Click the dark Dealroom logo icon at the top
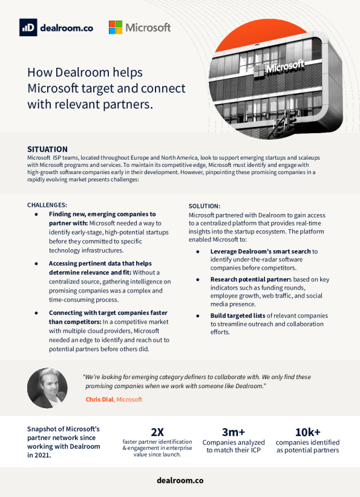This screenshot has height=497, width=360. click(x=28, y=27)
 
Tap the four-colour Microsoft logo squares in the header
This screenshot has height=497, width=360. click(x=116, y=28)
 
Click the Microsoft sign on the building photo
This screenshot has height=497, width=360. click(x=280, y=68)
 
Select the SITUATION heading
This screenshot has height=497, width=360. click(x=47, y=149)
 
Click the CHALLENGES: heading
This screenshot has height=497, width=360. click(x=47, y=205)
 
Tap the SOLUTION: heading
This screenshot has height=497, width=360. click(x=205, y=206)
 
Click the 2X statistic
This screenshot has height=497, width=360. click(x=157, y=432)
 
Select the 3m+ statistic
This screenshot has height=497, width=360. click(x=234, y=432)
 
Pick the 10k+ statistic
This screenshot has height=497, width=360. click(x=308, y=432)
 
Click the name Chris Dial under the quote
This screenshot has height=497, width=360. click(x=99, y=400)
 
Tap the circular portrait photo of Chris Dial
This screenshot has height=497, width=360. click(x=47, y=388)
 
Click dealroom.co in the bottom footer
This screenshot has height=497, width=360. click(x=180, y=481)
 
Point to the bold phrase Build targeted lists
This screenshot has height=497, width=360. click(x=238, y=316)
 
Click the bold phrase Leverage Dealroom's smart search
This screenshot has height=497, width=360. click(x=260, y=252)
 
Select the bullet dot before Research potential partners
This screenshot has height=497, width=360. click(x=198, y=279)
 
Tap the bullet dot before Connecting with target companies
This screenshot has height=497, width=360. click(x=36, y=313)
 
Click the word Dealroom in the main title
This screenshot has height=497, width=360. click(x=85, y=73)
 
